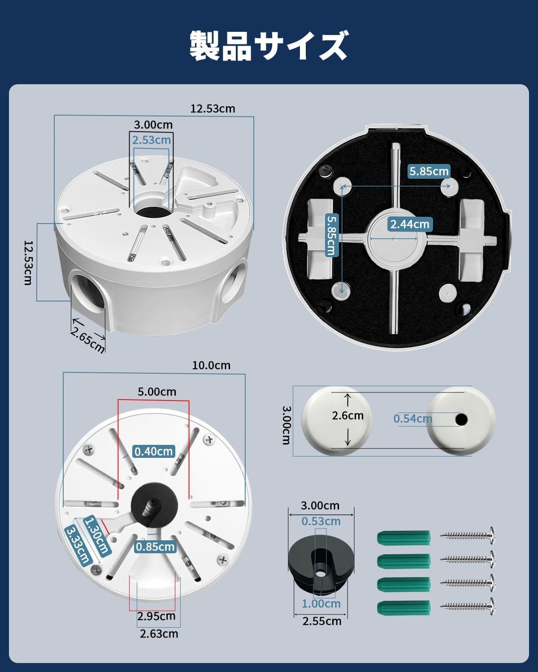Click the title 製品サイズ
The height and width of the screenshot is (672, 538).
click(x=269, y=46)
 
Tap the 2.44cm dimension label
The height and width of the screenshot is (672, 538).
click(x=410, y=224)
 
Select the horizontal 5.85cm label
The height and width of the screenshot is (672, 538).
click(x=429, y=171)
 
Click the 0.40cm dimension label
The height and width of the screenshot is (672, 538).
click(x=153, y=451)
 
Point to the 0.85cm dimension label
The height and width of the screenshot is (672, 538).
click(x=155, y=547)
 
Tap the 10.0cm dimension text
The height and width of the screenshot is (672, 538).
click(x=211, y=365)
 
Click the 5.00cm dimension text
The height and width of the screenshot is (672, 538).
click(x=157, y=392)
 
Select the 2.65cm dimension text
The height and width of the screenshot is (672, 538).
click(x=87, y=340)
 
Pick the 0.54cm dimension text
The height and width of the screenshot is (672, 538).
click(x=412, y=418)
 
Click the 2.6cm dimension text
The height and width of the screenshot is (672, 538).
click(x=347, y=415)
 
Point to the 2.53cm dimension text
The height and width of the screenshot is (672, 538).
click(x=152, y=140)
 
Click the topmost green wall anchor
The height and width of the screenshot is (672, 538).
click(x=403, y=537)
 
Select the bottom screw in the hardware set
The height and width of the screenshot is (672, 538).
click(x=468, y=607)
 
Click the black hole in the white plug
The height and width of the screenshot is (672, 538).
click(x=461, y=420)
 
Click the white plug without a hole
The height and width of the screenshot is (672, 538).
click(x=337, y=421)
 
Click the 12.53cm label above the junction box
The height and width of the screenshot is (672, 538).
click(x=213, y=109)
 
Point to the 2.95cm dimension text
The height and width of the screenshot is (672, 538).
click(x=156, y=616)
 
